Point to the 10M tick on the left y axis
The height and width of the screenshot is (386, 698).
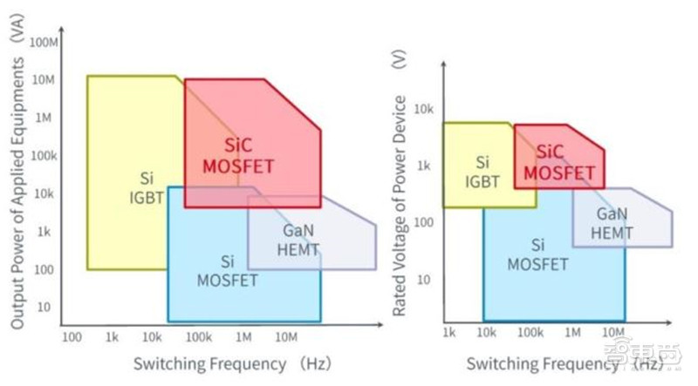tap(44, 79)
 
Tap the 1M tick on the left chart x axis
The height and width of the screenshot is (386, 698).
tap(244, 335)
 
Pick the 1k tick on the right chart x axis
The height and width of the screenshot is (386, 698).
tap(449, 333)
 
